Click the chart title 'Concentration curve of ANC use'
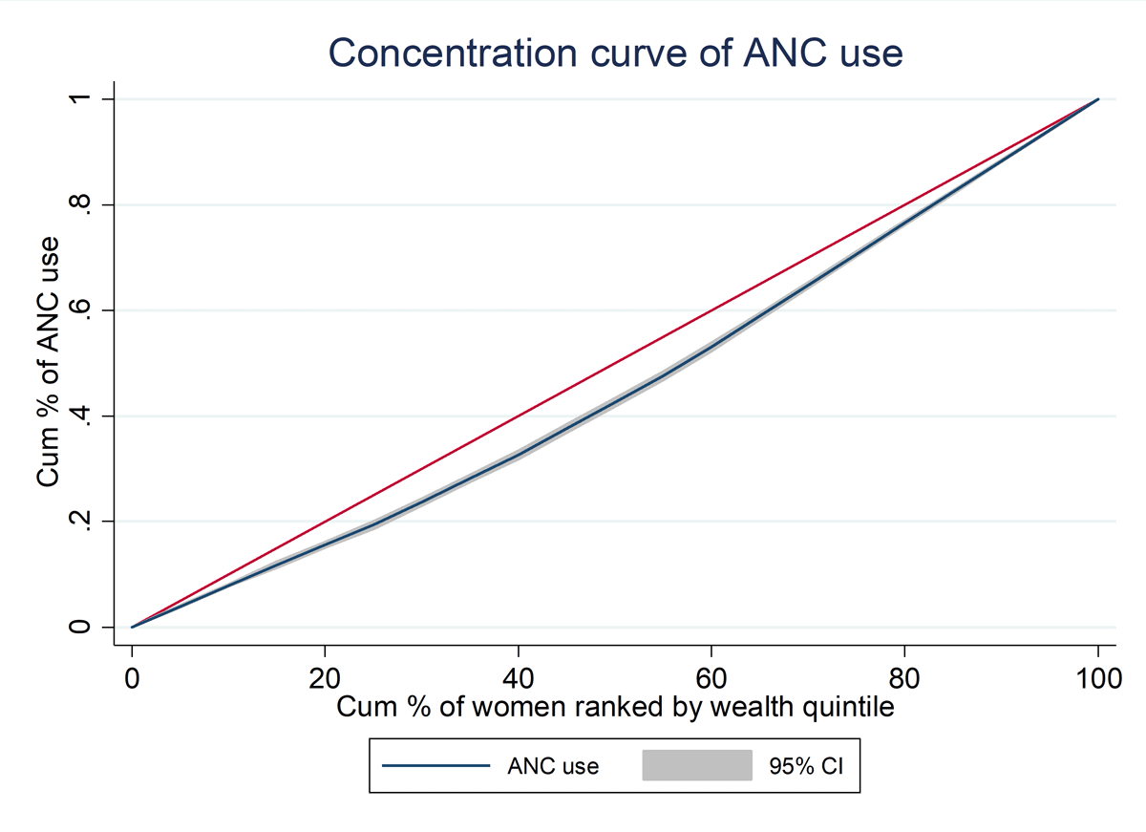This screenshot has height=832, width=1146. [616, 53]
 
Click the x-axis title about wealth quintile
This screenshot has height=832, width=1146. [615, 708]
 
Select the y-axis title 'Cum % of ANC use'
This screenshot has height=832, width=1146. [50, 363]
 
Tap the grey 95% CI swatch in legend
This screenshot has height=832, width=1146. [696, 765]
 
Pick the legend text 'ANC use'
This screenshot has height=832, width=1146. [553, 765]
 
